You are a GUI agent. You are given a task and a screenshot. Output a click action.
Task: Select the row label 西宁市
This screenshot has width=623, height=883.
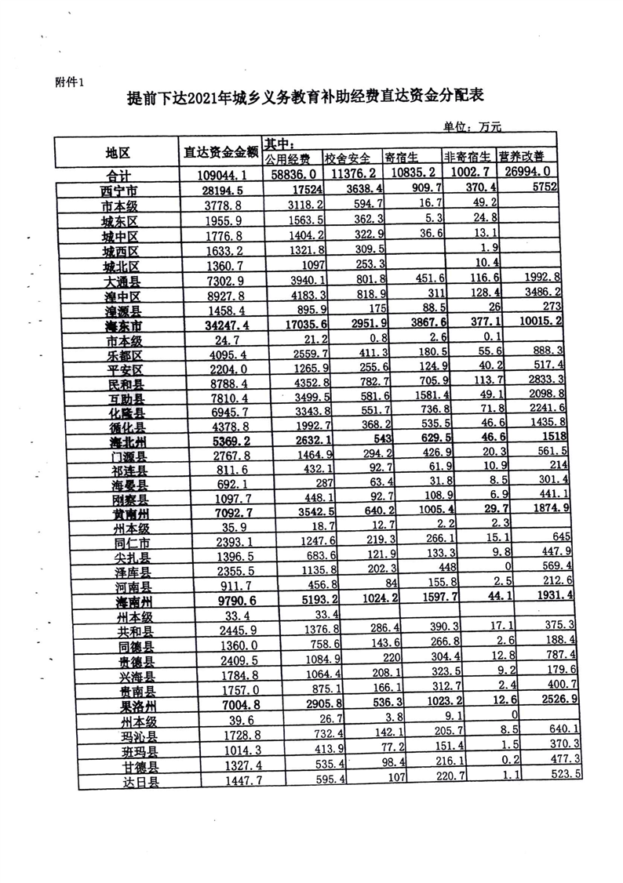pos(119,191)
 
